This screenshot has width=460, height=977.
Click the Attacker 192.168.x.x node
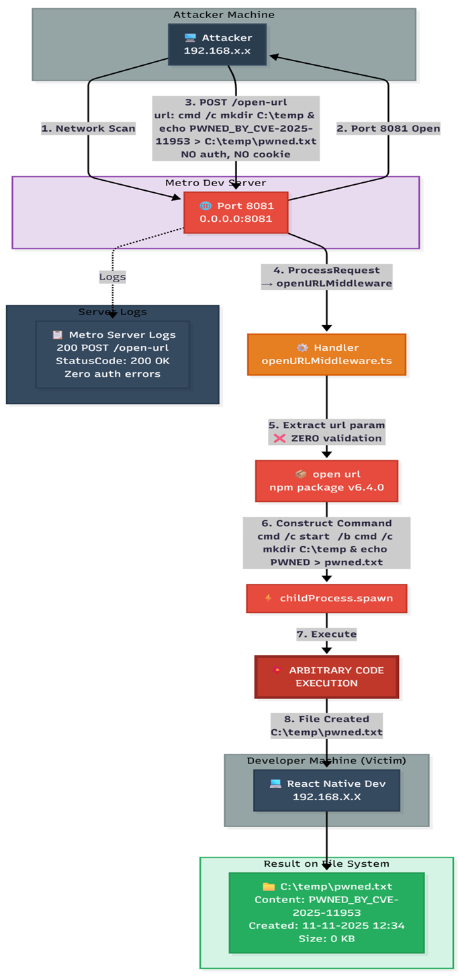click(x=217, y=44)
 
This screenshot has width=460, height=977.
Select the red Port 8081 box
click(x=236, y=212)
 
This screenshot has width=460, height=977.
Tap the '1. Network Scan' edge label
click(x=89, y=128)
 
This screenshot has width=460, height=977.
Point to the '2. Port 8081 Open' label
click(x=388, y=128)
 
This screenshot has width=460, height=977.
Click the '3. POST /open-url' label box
click(x=236, y=128)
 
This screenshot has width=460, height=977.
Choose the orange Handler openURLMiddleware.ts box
click(x=326, y=355)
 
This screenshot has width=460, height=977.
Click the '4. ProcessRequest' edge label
click(x=326, y=277)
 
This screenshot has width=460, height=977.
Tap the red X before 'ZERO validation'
click(x=279, y=438)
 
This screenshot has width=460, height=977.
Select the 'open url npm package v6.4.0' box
click(x=326, y=481)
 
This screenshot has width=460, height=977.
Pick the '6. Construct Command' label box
click(x=326, y=543)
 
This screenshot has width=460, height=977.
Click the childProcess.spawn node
click(x=326, y=599)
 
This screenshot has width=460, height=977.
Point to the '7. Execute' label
click(x=326, y=634)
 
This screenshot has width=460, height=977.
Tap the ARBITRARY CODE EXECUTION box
click(x=326, y=677)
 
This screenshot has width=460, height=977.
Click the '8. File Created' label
click(x=326, y=726)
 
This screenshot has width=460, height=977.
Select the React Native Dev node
click(x=326, y=790)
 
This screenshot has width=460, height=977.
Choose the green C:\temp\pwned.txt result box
click(x=326, y=913)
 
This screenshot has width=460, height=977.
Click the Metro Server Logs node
click(x=113, y=355)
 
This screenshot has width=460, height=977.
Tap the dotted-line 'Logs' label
click(x=113, y=277)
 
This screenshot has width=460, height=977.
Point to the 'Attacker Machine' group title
click(x=224, y=15)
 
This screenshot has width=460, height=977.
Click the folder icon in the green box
click(x=269, y=887)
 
